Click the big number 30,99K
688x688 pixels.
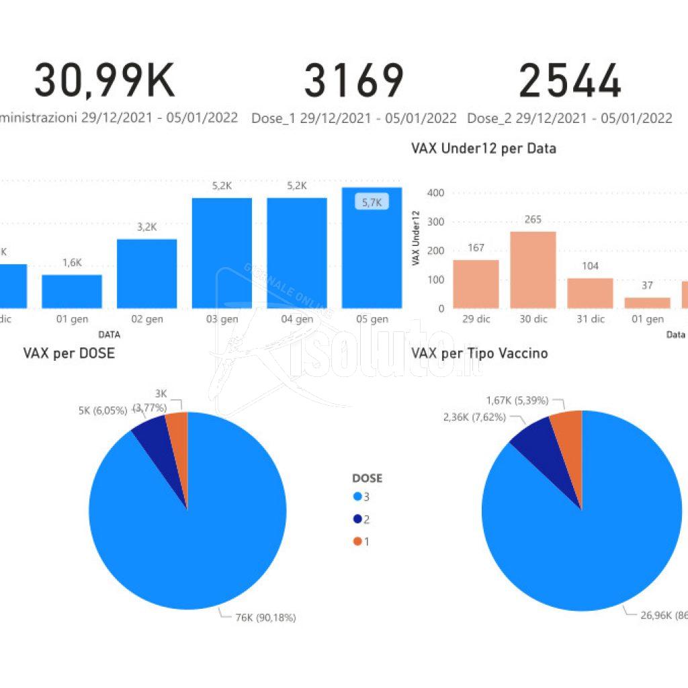tap(105, 81)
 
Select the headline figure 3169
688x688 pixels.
tap(353, 81)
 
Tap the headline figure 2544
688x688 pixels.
tap(570, 81)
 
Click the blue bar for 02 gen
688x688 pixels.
tap(146, 273)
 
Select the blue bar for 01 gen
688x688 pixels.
tap(72, 291)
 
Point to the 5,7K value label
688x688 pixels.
tap(372, 202)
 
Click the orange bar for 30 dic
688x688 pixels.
tap(533, 269)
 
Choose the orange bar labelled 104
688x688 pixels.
tap(590, 293)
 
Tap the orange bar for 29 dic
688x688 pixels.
tap(476, 284)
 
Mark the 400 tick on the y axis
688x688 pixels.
tap(437, 193)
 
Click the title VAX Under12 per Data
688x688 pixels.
tap(483, 148)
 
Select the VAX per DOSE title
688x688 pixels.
tap(69, 353)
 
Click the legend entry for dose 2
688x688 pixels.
tap(362, 519)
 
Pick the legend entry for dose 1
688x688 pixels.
tap(362, 541)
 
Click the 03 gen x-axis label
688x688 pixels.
tap(222, 319)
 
